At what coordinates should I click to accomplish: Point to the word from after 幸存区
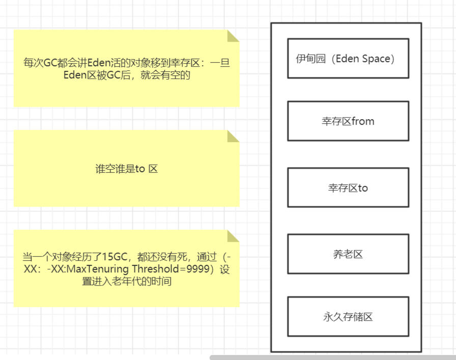362,121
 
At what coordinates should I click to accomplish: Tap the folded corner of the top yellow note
234,36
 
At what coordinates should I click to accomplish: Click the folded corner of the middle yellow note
234,136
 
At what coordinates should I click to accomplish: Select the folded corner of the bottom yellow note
234,236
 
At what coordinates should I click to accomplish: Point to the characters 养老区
348,254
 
